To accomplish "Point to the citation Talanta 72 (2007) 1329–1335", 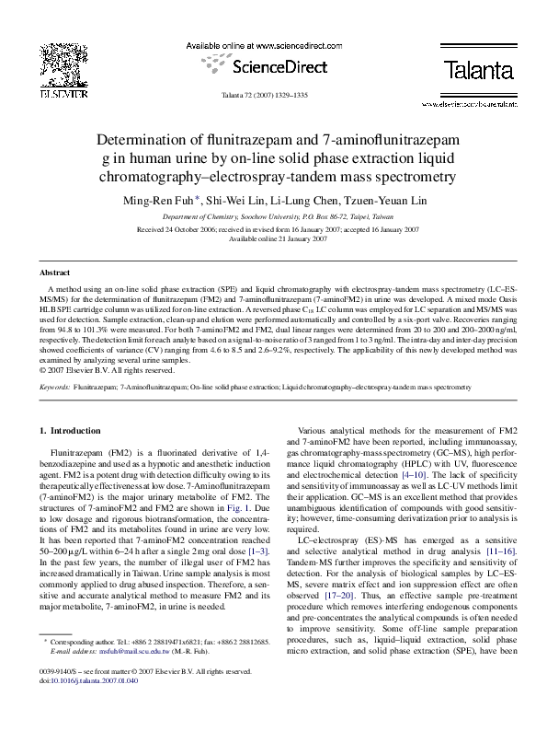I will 273,95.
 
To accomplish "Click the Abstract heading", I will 54,273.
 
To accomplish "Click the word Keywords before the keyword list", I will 56,389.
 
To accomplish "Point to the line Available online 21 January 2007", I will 273,238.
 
